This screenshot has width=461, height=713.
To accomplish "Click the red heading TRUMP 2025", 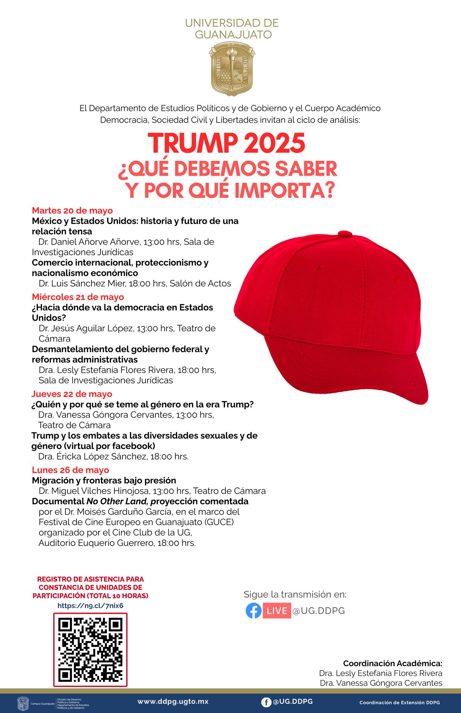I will click(x=226, y=143).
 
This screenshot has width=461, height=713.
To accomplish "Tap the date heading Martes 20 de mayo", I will click(x=72, y=211).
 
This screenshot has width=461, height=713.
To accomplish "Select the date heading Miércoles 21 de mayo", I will click(x=78, y=297).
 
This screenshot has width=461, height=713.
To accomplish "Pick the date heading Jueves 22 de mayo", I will click(x=72, y=394).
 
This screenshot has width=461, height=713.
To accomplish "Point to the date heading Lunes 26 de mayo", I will click(x=71, y=470).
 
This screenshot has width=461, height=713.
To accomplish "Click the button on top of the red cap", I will click(x=346, y=233).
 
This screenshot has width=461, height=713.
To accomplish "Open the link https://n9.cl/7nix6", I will click(x=90, y=605).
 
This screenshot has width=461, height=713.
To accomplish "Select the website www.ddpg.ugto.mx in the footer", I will click(x=173, y=702).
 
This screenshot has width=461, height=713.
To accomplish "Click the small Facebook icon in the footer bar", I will click(x=266, y=702).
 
